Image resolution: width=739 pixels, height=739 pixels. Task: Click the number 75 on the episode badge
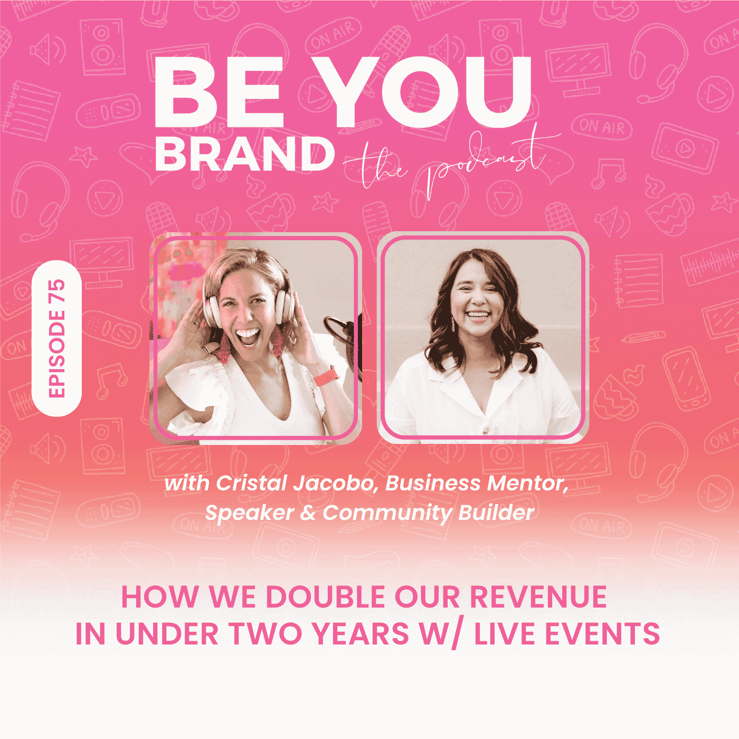click(x=56, y=292)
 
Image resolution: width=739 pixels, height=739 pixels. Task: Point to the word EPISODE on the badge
click(x=56, y=354)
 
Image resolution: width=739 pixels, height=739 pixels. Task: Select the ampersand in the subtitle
click(x=308, y=513)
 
